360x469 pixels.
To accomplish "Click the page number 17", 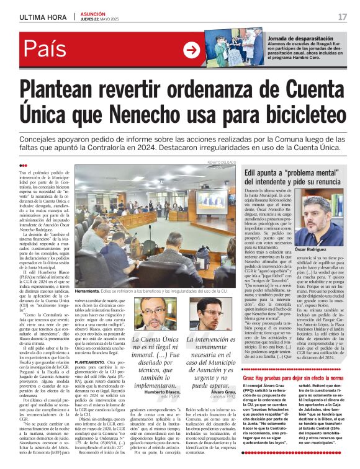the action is pyautogui.click(x=343, y=17).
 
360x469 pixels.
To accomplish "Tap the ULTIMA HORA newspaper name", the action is pyautogui.click(x=43, y=17).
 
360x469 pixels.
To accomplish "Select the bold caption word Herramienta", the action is pyautogui.click(x=91, y=290).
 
